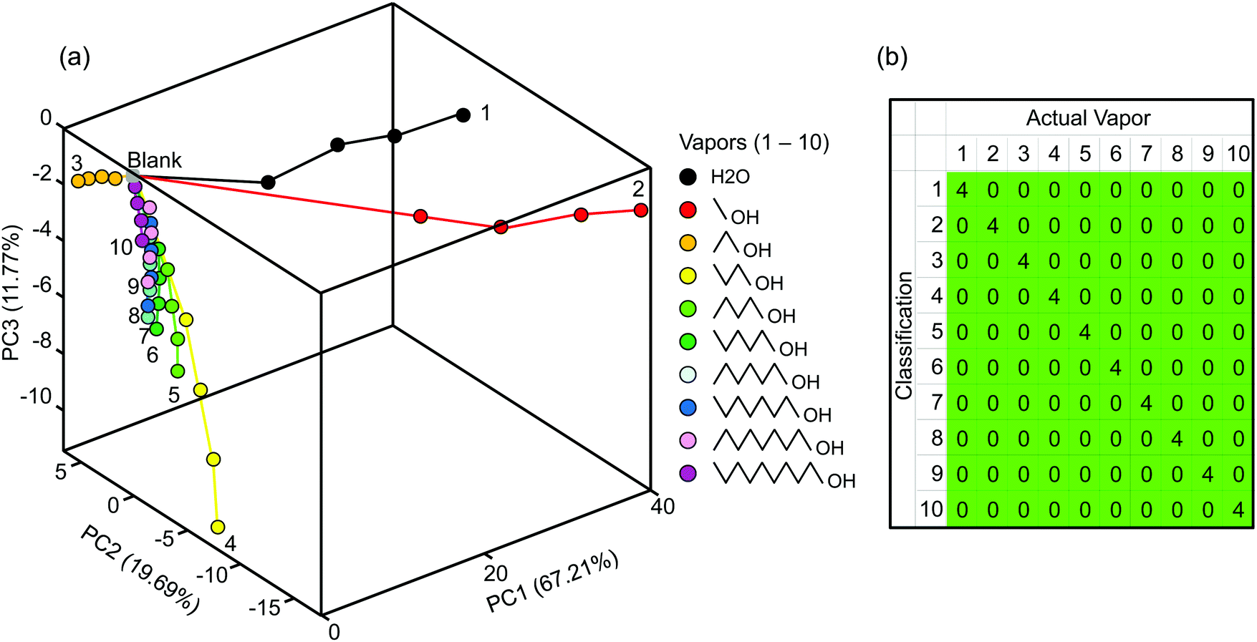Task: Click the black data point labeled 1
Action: click(463, 115)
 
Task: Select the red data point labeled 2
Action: click(641, 210)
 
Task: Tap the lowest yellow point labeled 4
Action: click(218, 527)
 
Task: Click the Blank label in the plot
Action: click(154, 160)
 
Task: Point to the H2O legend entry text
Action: click(730, 177)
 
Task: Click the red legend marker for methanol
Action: click(688, 210)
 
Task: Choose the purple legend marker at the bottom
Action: click(688, 473)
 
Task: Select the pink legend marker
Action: click(688, 440)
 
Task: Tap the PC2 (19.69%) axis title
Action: click(140, 569)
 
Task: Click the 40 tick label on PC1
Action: click(663, 507)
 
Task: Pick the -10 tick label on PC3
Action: click(36, 396)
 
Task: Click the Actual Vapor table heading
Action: click(1088, 118)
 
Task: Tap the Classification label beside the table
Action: click(904, 335)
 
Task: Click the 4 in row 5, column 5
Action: click(1084, 332)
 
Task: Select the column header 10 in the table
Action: click(1238, 154)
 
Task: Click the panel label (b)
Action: click(892, 57)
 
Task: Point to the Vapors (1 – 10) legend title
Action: click(753, 142)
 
